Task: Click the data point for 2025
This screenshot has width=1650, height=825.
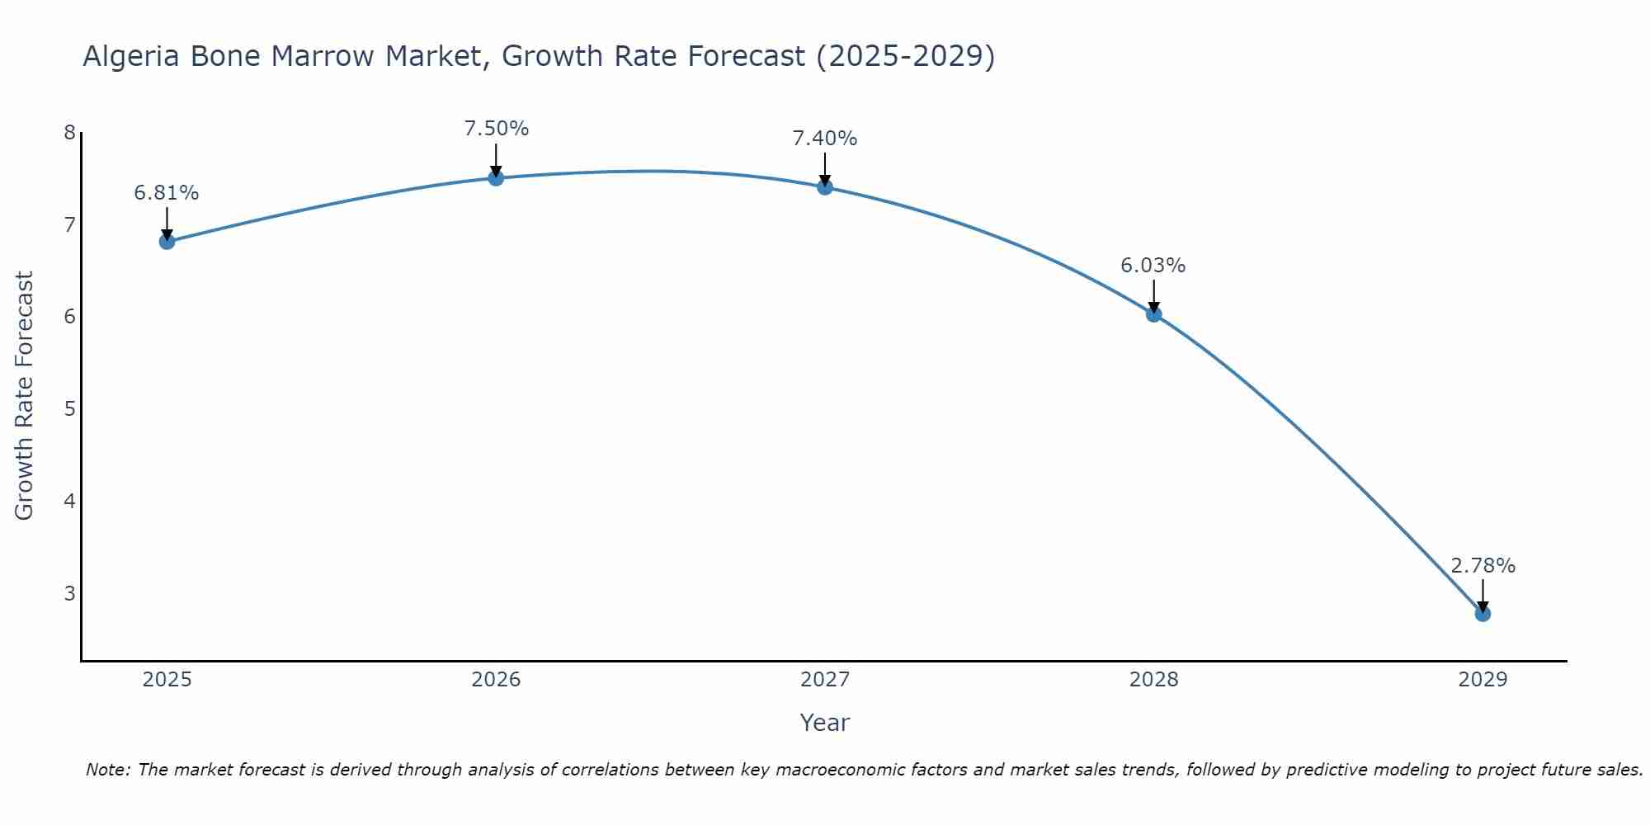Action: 167,242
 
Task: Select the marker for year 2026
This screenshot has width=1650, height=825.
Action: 496,178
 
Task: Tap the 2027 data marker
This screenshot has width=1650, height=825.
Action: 825,187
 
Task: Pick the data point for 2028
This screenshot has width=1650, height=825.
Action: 1153,313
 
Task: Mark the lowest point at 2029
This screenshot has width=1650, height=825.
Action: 1483,614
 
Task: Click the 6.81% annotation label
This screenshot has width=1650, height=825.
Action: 167,193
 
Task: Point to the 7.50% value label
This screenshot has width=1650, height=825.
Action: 496,129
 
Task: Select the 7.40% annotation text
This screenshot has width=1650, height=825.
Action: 825,139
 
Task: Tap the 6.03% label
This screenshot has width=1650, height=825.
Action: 1153,266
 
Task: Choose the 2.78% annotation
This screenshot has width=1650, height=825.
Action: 1483,566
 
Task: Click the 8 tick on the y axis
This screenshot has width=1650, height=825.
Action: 69,133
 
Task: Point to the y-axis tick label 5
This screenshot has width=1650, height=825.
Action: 69,409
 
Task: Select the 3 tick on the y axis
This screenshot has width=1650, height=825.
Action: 69,593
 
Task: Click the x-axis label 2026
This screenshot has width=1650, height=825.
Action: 496,680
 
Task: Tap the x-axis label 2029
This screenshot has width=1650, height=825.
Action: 1483,680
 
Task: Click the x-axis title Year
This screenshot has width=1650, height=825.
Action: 825,723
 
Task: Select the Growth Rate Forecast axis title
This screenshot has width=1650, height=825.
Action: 25,396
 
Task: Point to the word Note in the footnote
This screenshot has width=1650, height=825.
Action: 107,770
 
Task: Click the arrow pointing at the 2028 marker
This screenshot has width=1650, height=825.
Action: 1153,295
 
